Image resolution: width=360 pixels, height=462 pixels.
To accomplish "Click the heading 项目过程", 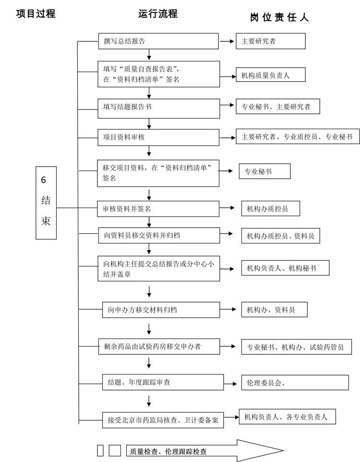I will click(x=36, y=14).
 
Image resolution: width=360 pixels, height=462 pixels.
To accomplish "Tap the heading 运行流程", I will click(x=158, y=14).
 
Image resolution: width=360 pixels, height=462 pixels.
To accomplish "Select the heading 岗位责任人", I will click(x=279, y=18).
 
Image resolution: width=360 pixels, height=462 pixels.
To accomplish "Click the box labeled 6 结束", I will click(x=47, y=202).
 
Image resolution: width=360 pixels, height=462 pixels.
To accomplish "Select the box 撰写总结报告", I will click(x=158, y=41).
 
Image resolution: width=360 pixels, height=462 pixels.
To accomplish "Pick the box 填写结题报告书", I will click(x=158, y=107).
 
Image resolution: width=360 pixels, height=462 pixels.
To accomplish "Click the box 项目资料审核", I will click(x=158, y=137).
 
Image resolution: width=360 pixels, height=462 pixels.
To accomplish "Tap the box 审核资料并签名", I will click(x=158, y=209).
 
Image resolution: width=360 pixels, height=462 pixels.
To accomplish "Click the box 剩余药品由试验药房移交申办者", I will click(x=158, y=346).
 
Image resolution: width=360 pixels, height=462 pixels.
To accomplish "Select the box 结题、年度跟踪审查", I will click(x=163, y=382).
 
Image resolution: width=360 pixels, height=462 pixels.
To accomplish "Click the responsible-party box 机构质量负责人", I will click(x=270, y=75).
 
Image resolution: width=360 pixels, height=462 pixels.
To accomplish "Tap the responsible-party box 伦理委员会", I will click(x=295, y=383).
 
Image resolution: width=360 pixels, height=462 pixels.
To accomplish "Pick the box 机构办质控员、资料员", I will click(x=280, y=235).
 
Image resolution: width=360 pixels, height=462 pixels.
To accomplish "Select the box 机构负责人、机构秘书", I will click(x=285, y=268).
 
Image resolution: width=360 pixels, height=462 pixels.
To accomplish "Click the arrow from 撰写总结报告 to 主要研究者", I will click(x=226, y=42).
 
